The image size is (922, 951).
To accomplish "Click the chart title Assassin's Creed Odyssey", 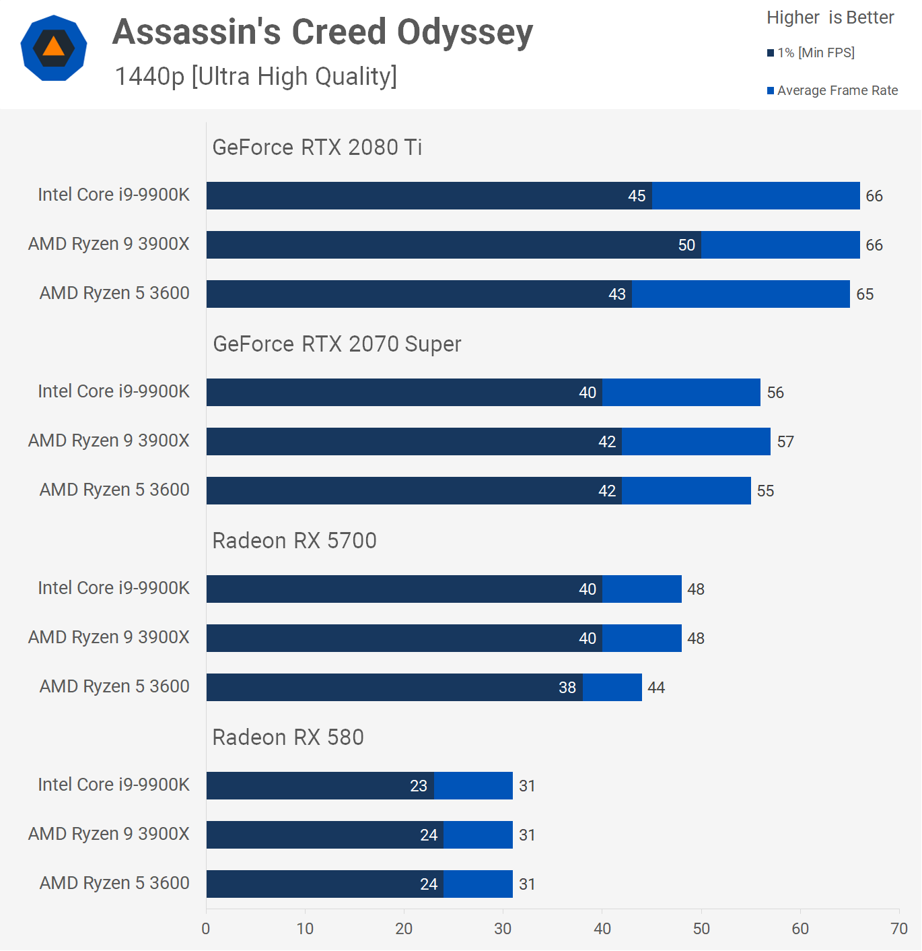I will (322, 32).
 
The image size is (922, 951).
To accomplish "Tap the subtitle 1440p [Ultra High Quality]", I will (256, 77).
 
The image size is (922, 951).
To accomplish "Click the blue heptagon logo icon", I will (54, 48).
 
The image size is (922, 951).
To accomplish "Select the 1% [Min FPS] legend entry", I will (811, 53).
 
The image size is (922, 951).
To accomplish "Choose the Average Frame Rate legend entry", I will (832, 90).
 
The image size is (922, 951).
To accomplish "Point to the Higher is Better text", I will (830, 18).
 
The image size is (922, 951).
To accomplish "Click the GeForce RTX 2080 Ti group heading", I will (317, 147).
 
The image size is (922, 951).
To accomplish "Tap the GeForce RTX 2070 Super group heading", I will (336, 344).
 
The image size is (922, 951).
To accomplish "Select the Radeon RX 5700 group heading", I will (294, 541).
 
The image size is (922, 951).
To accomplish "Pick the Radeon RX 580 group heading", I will (287, 737).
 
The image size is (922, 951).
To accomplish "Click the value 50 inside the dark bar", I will (686, 245).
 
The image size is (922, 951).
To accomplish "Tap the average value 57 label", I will (785, 442).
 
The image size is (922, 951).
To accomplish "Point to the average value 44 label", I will (656, 688).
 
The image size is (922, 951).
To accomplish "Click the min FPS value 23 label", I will (419, 786).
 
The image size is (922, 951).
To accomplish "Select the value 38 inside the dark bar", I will (567, 688).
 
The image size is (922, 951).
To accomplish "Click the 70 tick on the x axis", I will (899, 929).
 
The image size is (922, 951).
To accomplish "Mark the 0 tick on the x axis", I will (206, 929).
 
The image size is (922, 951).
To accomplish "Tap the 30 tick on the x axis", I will (503, 929).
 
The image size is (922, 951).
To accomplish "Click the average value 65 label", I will (865, 294).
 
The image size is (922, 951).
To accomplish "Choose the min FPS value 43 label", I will (617, 294).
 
